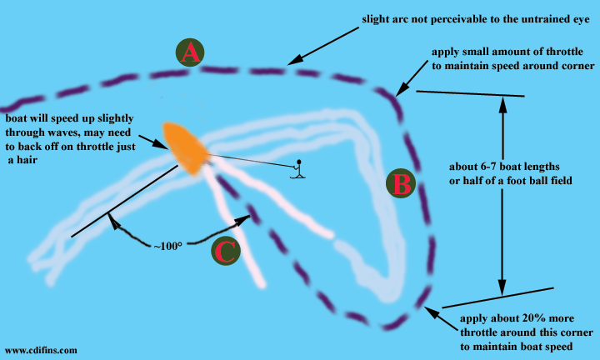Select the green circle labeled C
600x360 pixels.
[x=225, y=250]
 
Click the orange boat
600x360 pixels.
[x=185, y=148]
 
